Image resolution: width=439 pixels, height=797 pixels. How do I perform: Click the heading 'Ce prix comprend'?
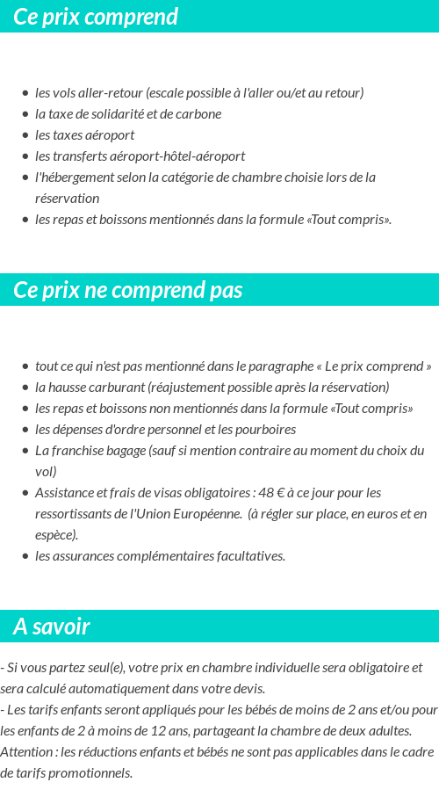(x=96, y=17)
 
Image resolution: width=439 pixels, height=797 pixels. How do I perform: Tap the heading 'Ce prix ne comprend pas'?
(x=128, y=290)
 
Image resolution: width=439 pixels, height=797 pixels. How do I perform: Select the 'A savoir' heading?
(x=52, y=627)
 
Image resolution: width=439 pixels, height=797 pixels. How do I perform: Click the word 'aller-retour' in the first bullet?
(x=110, y=92)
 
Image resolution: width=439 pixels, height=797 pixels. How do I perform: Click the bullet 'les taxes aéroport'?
(x=84, y=134)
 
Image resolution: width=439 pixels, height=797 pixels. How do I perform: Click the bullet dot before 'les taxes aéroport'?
(x=25, y=135)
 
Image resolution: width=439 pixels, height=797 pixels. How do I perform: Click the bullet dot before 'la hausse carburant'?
(x=25, y=388)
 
